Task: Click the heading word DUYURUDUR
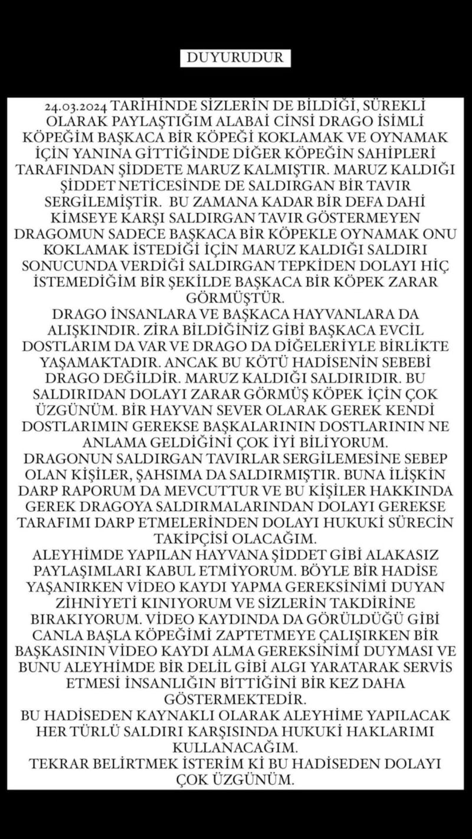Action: coord(235,58)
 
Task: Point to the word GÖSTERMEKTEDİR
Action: coord(235,699)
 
